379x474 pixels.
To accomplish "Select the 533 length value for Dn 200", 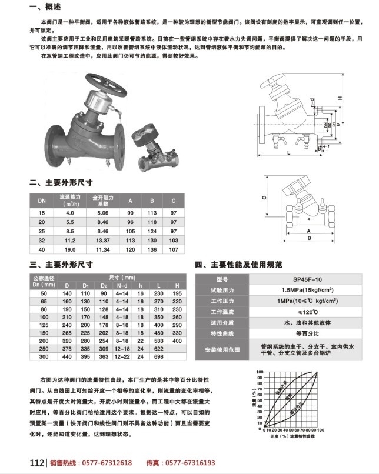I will [x=158, y=340].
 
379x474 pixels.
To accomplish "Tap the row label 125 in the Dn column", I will [x=43, y=324].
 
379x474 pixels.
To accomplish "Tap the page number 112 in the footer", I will [x=37, y=463].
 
